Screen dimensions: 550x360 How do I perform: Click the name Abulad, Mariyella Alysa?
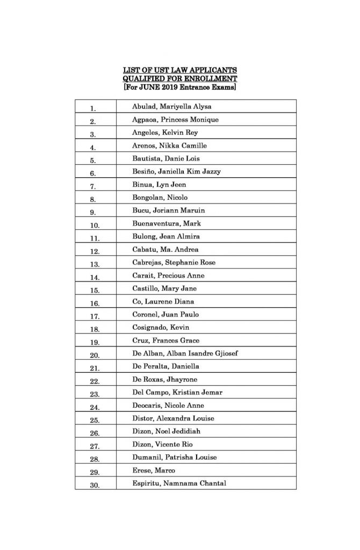(x=171, y=106)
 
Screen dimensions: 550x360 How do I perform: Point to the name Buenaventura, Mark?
(x=167, y=223)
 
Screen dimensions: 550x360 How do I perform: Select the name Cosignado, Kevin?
(x=161, y=328)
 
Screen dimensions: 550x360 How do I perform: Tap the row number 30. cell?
(x=95, y=484)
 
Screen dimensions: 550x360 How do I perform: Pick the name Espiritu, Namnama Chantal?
(x=179, y=483)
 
